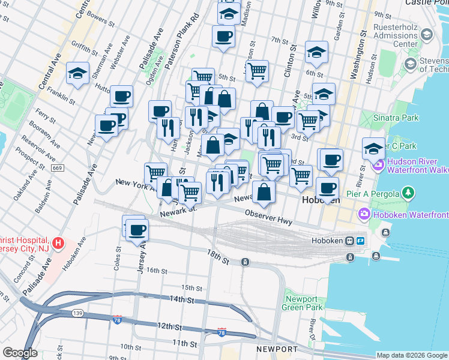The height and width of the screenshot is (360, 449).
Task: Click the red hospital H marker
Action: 58,243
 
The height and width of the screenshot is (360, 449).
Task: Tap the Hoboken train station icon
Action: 349,241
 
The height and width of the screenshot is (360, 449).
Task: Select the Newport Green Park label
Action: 301,303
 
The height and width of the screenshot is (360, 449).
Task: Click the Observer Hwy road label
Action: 268,217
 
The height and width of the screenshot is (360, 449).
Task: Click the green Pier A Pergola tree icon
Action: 408,193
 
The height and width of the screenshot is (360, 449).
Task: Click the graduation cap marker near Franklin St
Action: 78,73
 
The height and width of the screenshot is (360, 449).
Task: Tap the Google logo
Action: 20,353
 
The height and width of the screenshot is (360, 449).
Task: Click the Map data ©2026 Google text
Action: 411,355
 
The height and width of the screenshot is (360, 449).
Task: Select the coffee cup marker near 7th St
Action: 223,36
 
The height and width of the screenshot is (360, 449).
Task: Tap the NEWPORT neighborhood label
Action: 277,349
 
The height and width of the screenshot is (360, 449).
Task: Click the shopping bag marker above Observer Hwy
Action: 264,192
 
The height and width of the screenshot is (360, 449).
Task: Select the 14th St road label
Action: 182,299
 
